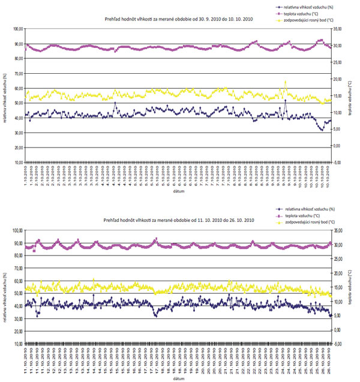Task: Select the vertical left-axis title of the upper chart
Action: click(5, 96)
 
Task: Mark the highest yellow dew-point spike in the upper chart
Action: click(285, 82)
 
